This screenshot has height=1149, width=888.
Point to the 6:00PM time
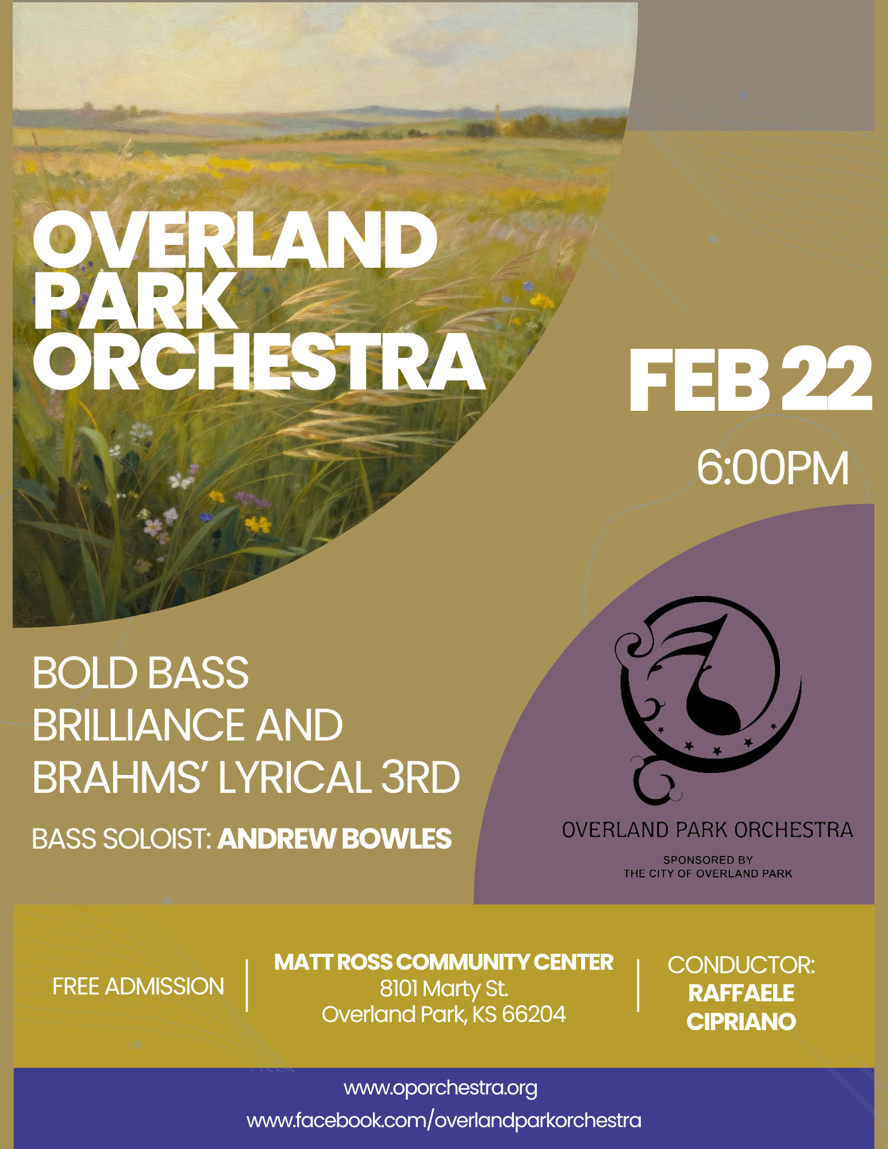(772, 468)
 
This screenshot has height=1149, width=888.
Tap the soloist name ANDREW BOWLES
(335, 839)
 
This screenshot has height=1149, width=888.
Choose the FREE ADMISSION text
(138, 986)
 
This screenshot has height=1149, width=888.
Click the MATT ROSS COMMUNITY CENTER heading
(444, 962)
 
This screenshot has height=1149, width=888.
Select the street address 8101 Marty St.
(444, 989)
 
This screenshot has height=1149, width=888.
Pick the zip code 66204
(534, 1015)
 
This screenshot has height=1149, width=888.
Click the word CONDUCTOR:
(741, 965)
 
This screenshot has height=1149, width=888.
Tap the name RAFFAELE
(741, 993)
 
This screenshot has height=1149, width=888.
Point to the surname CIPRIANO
(741, 1022)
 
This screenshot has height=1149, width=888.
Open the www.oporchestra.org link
(440, 1088)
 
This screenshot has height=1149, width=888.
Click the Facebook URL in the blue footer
(444, 1120)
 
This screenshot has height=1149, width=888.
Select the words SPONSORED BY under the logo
(708, 860)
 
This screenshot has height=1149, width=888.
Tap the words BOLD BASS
(141, 673)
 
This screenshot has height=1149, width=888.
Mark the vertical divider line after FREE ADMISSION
(247, 985)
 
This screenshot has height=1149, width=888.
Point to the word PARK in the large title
(135, 302)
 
